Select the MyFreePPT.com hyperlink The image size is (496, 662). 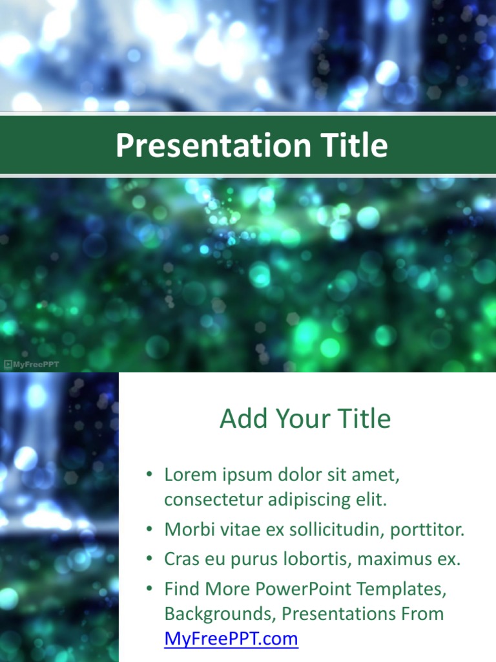(x=231, y=639)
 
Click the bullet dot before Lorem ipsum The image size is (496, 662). (x=149, y=475)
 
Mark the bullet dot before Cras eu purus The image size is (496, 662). (x=149, y=559)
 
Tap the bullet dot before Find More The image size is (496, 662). (x=149, y=589)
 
